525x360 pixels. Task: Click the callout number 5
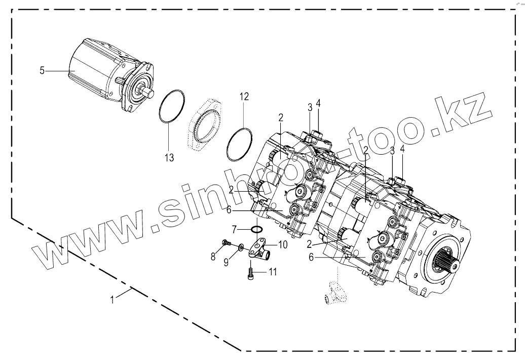(x=42, y=70)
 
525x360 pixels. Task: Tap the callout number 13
(x=169, y=158)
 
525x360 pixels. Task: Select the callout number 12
(x=244, y=97)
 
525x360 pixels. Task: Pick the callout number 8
(x=213, y=257)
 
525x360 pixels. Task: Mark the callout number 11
(x=273, y=272)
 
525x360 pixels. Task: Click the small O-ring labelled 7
(x=257, y=231)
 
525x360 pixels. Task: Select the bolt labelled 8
(x=226, y=244)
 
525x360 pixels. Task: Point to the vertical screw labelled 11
(x=250, y=274)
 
